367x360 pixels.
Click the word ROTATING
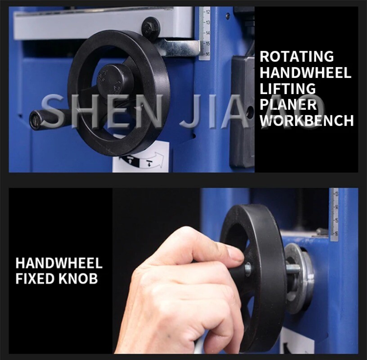(x=297, y=57)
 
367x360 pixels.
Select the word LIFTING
(x=288, y=89)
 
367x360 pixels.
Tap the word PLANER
(x=288, y=104)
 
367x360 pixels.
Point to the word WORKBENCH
(x=307, y=121)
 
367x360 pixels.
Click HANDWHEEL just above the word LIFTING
(x=305, y=73)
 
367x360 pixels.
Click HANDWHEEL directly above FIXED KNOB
(x=59, y=263)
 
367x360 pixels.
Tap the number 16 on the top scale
(x=207, y=54)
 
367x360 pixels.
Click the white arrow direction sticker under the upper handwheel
(x=141, y=160)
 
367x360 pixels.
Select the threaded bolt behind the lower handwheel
(x=292, y=269)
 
